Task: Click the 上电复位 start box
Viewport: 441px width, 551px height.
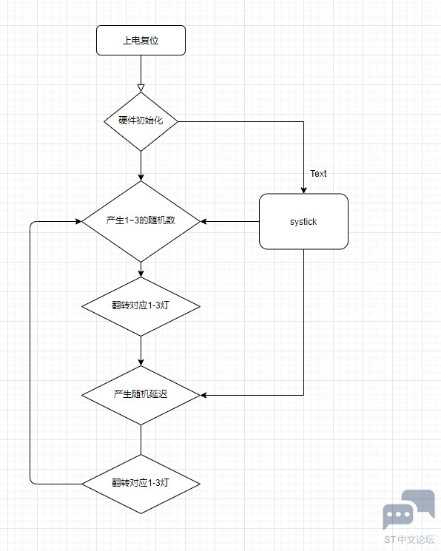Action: [x=141, y=40]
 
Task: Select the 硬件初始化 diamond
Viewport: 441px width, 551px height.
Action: [x=141, y=121]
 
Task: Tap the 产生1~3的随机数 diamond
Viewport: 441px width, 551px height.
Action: [x=141, y=221]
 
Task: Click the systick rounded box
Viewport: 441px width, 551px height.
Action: [x=303, y=221]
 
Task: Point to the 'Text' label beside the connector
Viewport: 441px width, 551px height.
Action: [x=318, y=174]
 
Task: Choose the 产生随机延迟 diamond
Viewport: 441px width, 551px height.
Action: [x=141, y=395]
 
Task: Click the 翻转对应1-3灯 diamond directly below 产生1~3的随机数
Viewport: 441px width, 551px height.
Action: [x=141, y=306]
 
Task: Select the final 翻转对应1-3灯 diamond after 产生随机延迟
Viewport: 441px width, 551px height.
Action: [x=141, y=484]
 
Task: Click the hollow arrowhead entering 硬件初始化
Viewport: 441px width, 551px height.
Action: [x=141, y=88]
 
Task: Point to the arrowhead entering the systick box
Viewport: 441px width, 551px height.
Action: [x=303, y=191]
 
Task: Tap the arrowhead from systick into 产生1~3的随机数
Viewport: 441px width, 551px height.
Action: [x=203, y=221]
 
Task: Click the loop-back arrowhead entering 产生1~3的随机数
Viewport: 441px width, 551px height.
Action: [x=78, y=221]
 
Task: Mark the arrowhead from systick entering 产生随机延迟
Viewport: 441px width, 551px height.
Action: [x=203, y=395]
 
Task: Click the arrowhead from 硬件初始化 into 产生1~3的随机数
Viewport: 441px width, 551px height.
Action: [x=141, y=178]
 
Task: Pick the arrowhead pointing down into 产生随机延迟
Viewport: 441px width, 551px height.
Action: [x=141, y=362]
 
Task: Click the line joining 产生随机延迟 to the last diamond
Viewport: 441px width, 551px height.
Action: [x=141, y=439]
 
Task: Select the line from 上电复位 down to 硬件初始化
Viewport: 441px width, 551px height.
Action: [x=141, y=70]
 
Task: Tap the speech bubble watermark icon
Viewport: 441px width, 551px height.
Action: [x=408, y=510]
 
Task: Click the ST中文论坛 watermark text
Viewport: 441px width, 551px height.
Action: [x=409, y=539]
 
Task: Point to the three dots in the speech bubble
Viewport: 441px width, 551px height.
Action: [x=398, y=515]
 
